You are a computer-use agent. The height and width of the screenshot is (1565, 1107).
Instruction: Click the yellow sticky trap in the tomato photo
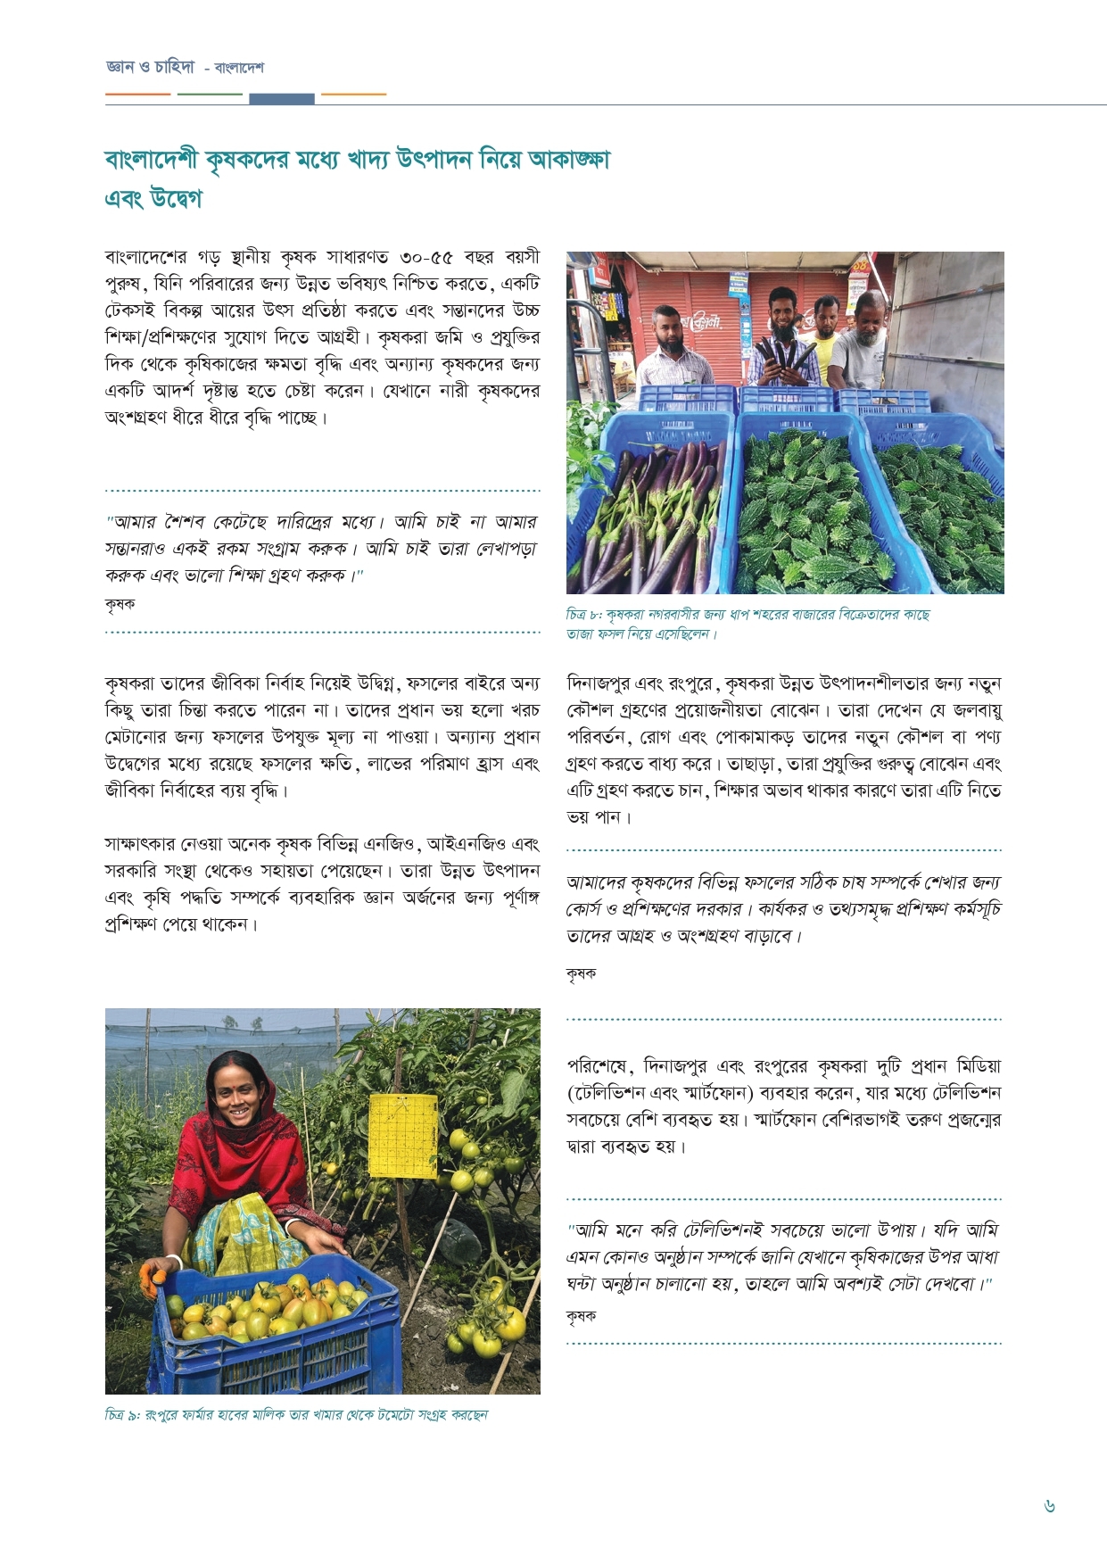click(403, 1134)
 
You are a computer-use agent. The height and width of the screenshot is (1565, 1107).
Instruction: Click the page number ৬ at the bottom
click(1049, 1506)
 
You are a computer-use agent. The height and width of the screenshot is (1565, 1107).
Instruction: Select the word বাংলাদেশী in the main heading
click(152, 161)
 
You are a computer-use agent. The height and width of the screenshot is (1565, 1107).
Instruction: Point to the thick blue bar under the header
click(282, 99)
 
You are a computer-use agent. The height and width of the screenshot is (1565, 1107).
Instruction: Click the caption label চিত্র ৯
click(122, 1415)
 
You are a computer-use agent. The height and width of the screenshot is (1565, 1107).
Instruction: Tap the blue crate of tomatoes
click(277, 1329)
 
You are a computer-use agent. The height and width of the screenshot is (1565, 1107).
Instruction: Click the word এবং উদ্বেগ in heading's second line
click(153, 198)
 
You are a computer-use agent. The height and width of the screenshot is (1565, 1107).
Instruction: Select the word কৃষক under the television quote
click(581, 1316)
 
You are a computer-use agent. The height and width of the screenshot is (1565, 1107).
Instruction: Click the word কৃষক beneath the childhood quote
click(120, 604)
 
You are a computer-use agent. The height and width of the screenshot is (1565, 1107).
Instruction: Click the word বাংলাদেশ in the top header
click(239, 68)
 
